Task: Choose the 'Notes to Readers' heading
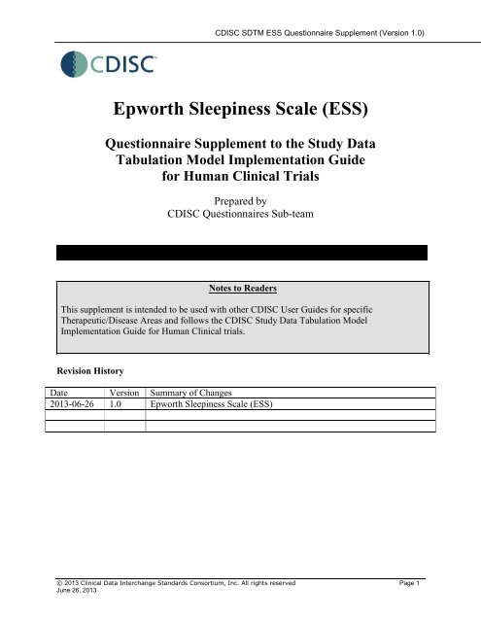(240, 289)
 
